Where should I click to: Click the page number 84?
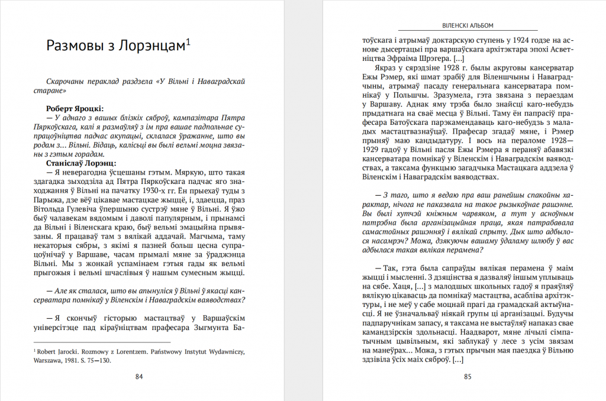coord(139,377)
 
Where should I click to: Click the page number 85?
coord(468,377)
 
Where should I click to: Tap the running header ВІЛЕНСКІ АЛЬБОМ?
coord(468,25)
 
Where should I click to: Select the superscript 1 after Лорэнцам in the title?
coord(188,41)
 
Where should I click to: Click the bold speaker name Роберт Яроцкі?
coord(75,108)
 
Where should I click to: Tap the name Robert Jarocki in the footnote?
coord(57,351)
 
